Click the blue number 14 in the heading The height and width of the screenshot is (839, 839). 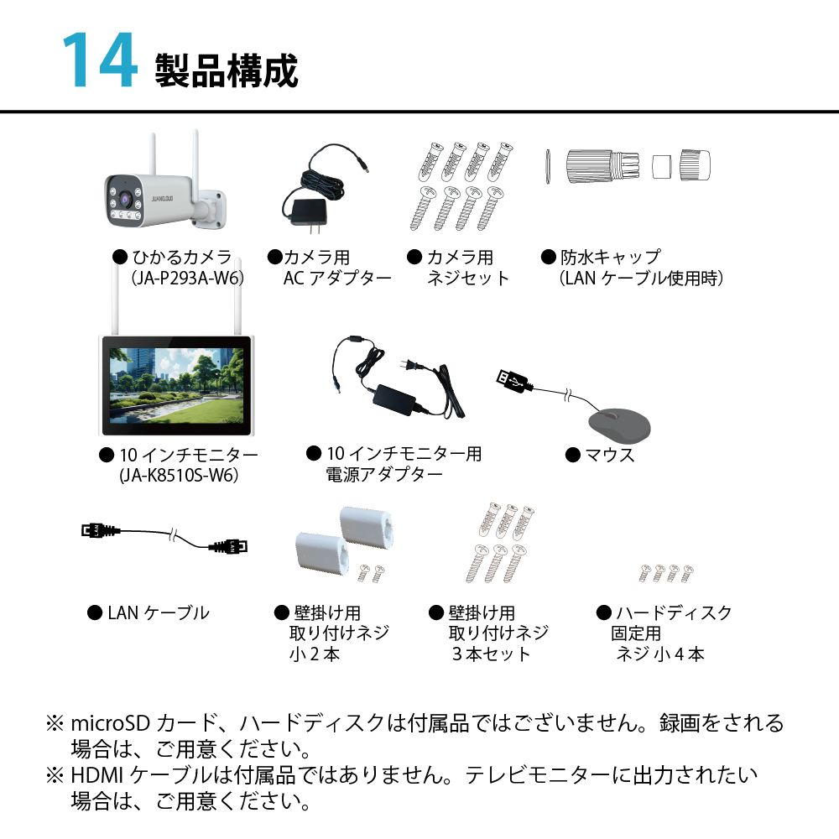pyautogui.click(x=100, y=60)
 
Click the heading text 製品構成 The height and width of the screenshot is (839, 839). pyautogui.click(x=227, y=70)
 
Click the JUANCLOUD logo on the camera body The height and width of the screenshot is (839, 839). pyautogui.click(x=162, y=199)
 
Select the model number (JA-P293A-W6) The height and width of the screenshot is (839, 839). pyautogui.click(x=188, y=278)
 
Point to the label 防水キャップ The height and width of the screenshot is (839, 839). pyautogui.click(x=611, y=257)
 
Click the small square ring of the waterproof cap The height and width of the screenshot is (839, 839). pyautogui.click(x=661, y=166)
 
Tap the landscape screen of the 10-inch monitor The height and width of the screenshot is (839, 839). pyautogui.click(x=176, y=384)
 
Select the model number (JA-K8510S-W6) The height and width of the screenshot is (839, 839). pyautogui.click(x=179, y=475)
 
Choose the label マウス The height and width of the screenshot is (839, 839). pyautogui.click(x=610, y=455)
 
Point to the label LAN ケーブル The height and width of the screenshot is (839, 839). pyautogui.click(x=159, y=612)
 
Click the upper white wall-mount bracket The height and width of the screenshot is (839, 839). pyautogui.click(x=367, y=527)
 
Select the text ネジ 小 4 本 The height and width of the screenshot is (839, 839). pyautogui.click(x=660, y=654)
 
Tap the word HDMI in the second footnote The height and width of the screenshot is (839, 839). pyautogui.click(x=96, y=774)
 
